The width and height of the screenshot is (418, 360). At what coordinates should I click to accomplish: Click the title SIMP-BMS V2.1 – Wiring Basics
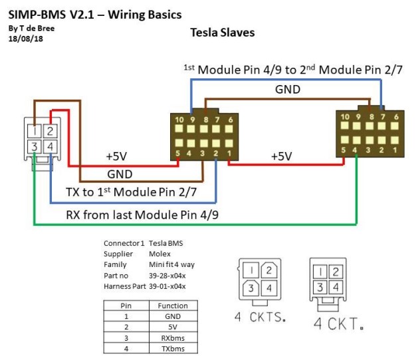[94, 13]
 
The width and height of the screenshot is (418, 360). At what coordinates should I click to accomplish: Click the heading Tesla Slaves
[222, 33]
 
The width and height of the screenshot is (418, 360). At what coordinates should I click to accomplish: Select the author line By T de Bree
[33, 29]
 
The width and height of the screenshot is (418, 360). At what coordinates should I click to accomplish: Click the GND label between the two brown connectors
[287, 89]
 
